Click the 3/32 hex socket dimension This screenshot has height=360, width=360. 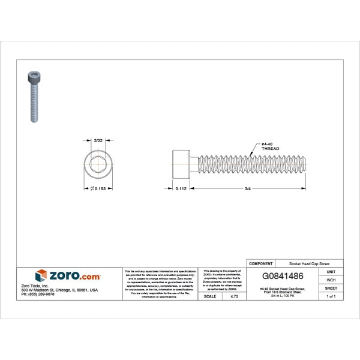pos(98,140)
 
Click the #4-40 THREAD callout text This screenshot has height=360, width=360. pos(270,146)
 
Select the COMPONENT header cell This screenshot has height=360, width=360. pos(261,263)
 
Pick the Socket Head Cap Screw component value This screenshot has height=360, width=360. pos(308,263)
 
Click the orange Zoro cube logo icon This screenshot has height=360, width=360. pos(41,275)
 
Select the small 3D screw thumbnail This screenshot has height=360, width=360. pos(33,95)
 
